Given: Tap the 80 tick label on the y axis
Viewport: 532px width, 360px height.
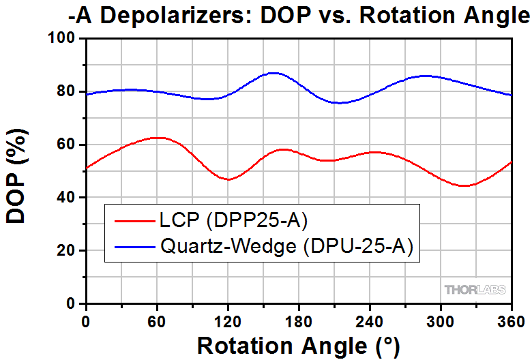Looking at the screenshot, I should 68,92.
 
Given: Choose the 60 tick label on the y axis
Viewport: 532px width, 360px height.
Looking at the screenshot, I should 68,145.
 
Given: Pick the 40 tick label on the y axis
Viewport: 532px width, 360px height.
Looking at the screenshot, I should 68,198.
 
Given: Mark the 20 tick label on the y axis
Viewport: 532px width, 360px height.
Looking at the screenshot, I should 68,251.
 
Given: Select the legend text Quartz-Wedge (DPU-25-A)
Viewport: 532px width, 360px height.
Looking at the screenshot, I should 286,247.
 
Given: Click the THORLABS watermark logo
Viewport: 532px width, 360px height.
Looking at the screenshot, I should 475,290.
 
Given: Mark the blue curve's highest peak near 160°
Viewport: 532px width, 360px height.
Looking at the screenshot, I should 274,72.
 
